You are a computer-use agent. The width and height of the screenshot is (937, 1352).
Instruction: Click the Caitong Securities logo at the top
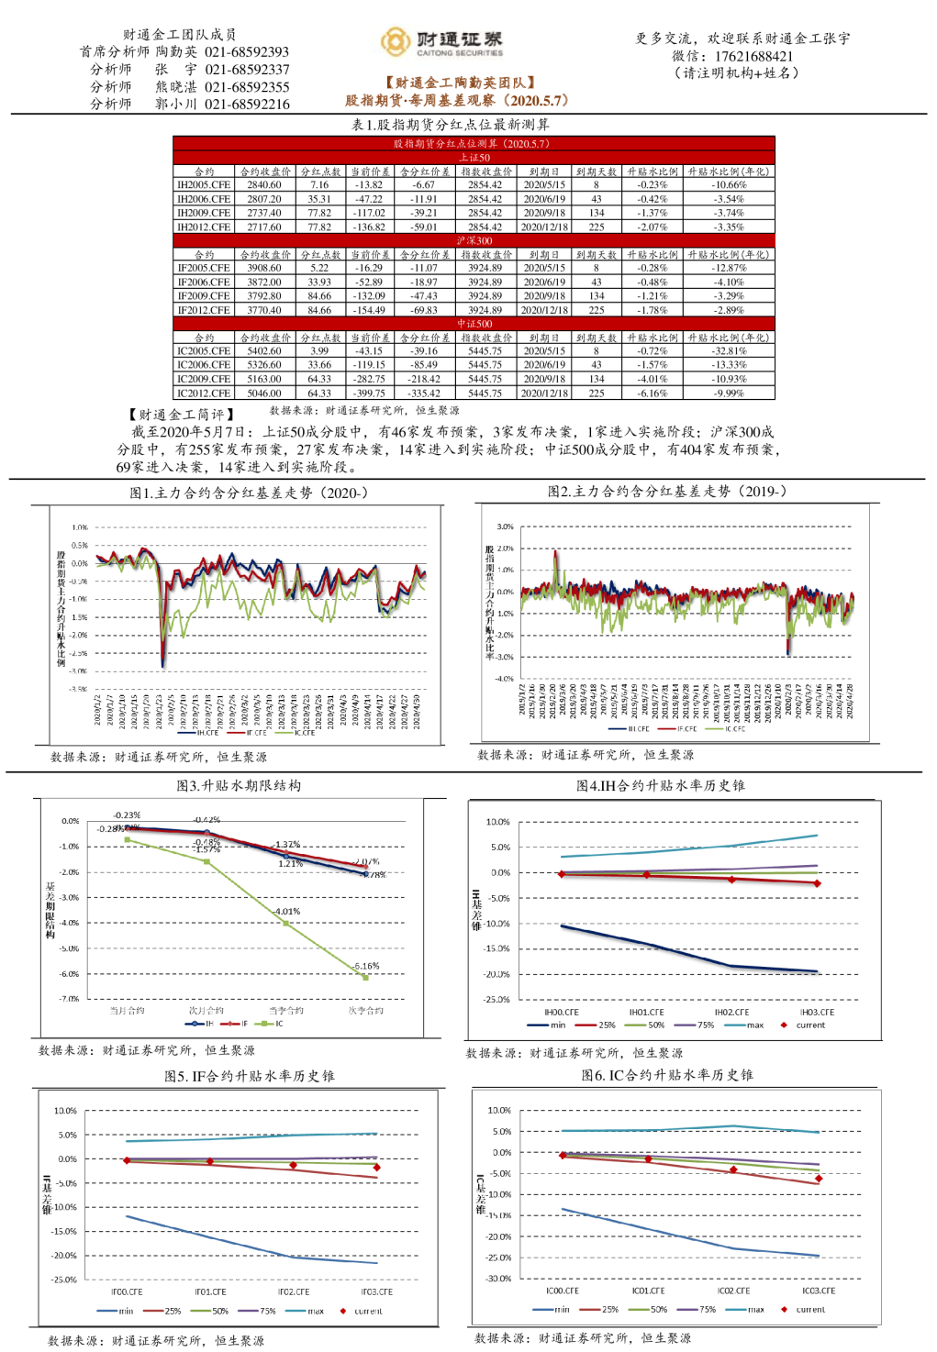pos(441,42)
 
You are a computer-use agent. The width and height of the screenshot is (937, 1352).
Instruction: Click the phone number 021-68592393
pos(247,52)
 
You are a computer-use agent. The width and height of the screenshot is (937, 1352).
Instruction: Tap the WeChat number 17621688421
pos(753,56)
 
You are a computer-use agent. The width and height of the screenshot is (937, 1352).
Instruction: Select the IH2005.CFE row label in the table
pos(204,185)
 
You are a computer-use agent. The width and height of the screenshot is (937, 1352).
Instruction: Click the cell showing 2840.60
pos(264,185)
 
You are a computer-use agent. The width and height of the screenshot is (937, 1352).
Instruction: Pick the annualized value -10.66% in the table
pos(729,185)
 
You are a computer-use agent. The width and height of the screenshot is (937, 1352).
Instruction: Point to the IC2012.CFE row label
pos(204,393)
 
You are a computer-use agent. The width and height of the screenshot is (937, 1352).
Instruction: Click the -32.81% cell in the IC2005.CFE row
pos(729,351)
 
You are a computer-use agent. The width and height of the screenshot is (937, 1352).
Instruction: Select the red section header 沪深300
pos(474,241)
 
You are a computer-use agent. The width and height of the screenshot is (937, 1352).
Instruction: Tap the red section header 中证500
pos(474,324)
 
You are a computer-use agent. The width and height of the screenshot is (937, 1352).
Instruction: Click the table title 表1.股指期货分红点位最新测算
pos(450,125)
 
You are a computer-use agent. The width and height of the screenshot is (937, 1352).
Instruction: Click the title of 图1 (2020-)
pos(249,493)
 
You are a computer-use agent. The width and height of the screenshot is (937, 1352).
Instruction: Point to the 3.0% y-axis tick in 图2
pos(505,527)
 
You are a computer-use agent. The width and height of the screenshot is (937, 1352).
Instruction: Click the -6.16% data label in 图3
pos(366,966)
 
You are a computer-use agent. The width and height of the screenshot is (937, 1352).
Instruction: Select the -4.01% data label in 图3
pos(287,912)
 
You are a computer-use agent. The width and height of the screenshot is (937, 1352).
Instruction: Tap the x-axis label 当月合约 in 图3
pos(128,1011)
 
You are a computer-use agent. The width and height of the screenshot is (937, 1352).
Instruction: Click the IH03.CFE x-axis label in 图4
pos(817,1013)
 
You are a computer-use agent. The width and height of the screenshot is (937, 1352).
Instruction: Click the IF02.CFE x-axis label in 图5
pos(294,1292)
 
